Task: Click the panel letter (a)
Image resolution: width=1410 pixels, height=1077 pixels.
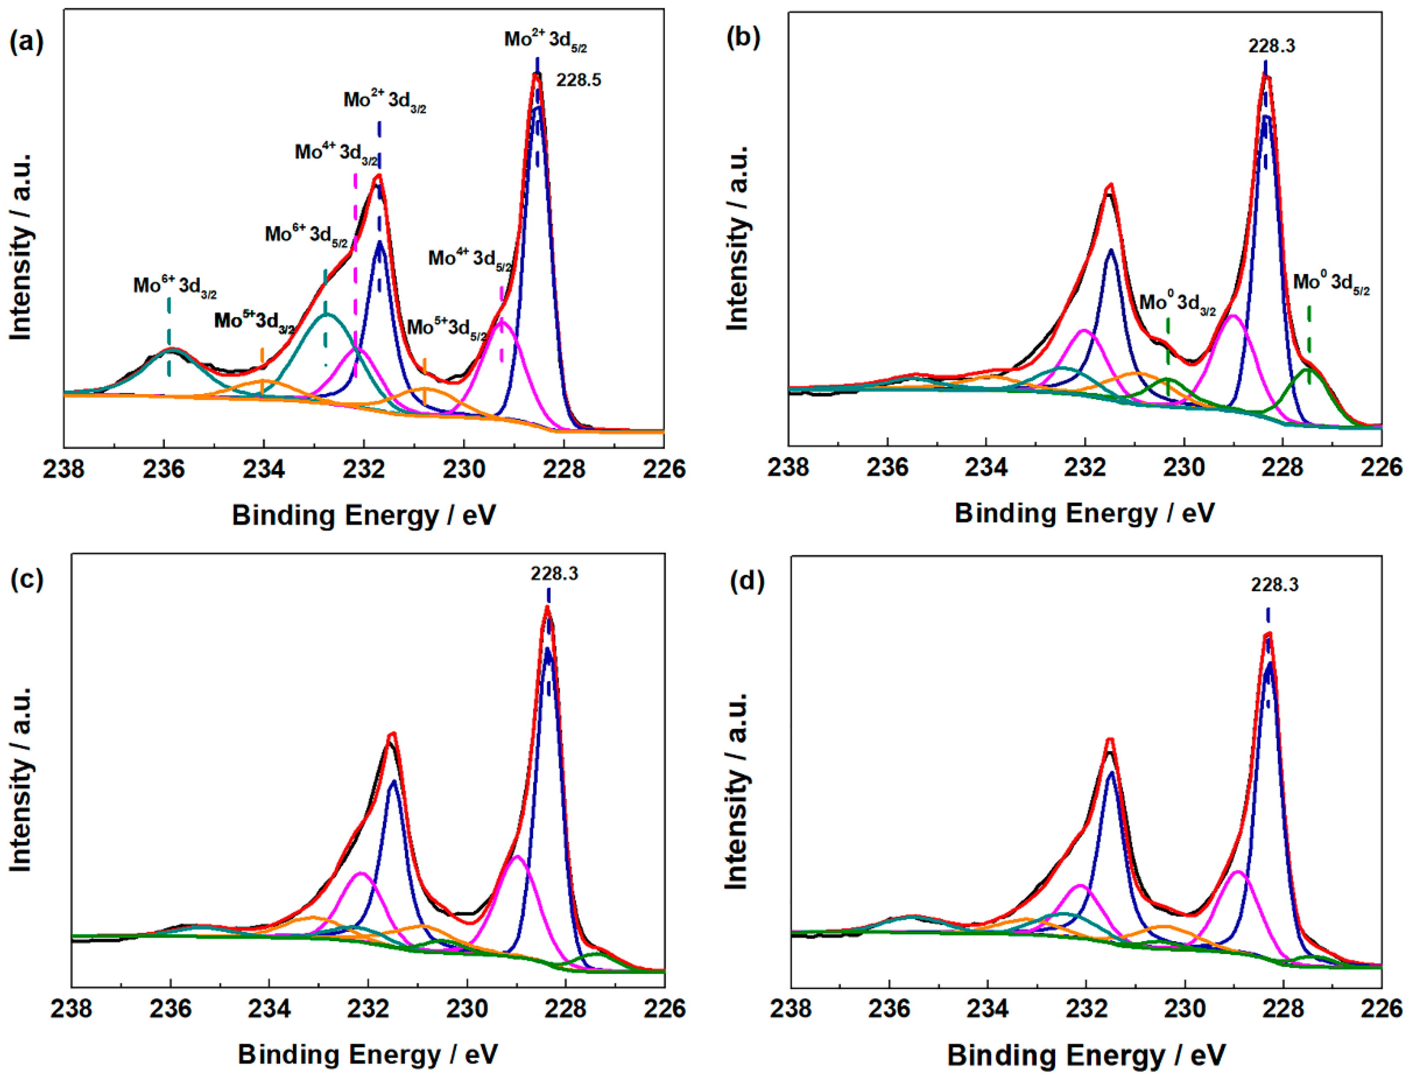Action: coord(27,43)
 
